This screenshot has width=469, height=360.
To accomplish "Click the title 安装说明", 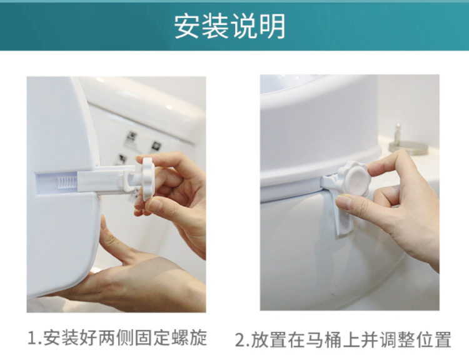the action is tap(229, 26).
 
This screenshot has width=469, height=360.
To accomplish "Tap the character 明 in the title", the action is tap(273, 26).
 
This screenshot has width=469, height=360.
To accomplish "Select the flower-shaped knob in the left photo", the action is tap(148, 179).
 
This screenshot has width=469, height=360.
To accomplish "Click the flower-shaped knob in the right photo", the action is tap(354, 179).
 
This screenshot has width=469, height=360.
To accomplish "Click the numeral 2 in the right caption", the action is tap(240, 339).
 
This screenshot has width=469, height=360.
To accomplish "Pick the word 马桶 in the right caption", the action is tap(324, 339).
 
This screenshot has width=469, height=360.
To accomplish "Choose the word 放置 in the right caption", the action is tap(269, 339).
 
